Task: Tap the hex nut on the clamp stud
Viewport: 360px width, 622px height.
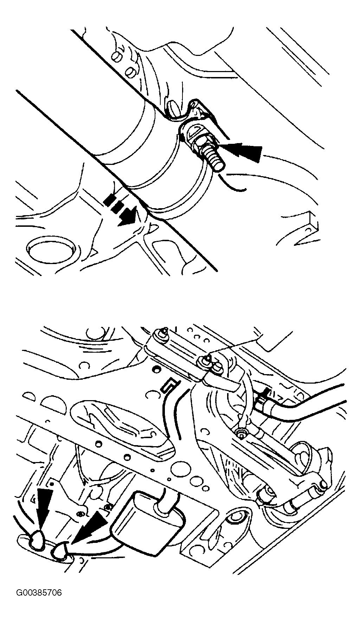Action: (200, 142)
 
